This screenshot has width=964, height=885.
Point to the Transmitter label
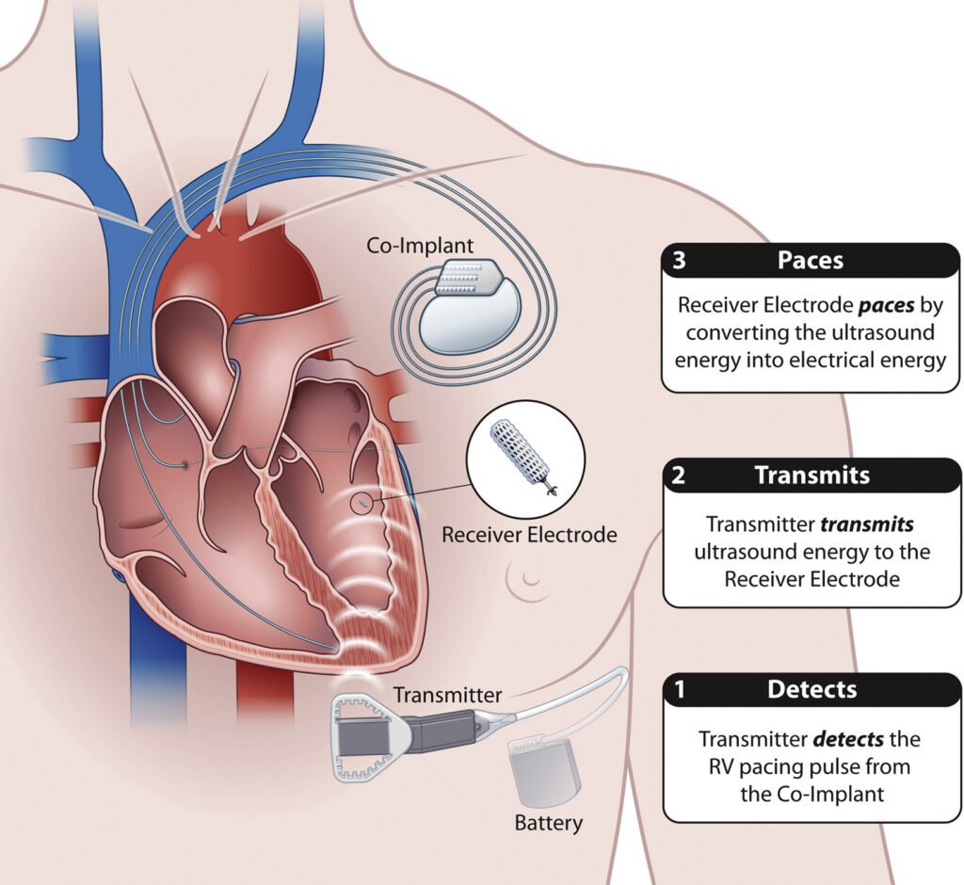(447, 696)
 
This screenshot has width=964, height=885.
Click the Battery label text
(548, 822)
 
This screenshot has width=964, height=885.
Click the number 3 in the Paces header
(680, 261)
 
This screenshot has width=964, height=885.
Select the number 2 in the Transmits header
(679, 475)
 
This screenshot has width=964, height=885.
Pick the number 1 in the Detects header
(679, 690)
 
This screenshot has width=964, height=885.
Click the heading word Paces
(811, 261)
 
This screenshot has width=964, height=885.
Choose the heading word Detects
(811, 690)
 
